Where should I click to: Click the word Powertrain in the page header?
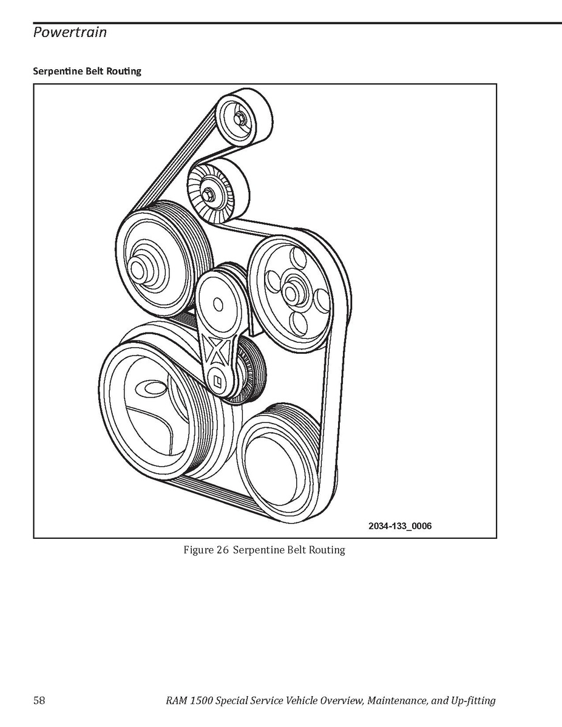[70, 32]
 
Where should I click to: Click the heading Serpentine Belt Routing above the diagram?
[87, 71]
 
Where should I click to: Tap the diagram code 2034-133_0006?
[400, 526]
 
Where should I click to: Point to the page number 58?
[39, 700]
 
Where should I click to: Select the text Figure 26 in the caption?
[206, 550]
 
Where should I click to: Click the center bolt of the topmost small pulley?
[239, 119]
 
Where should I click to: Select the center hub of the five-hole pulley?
[290, 293]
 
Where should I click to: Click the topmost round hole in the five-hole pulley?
[298, 257]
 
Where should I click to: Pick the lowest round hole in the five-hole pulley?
[299, 323]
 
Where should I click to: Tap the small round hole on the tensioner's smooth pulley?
[218, 305]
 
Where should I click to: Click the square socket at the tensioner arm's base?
[217, 381]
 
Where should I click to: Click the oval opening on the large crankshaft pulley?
[152, 388]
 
